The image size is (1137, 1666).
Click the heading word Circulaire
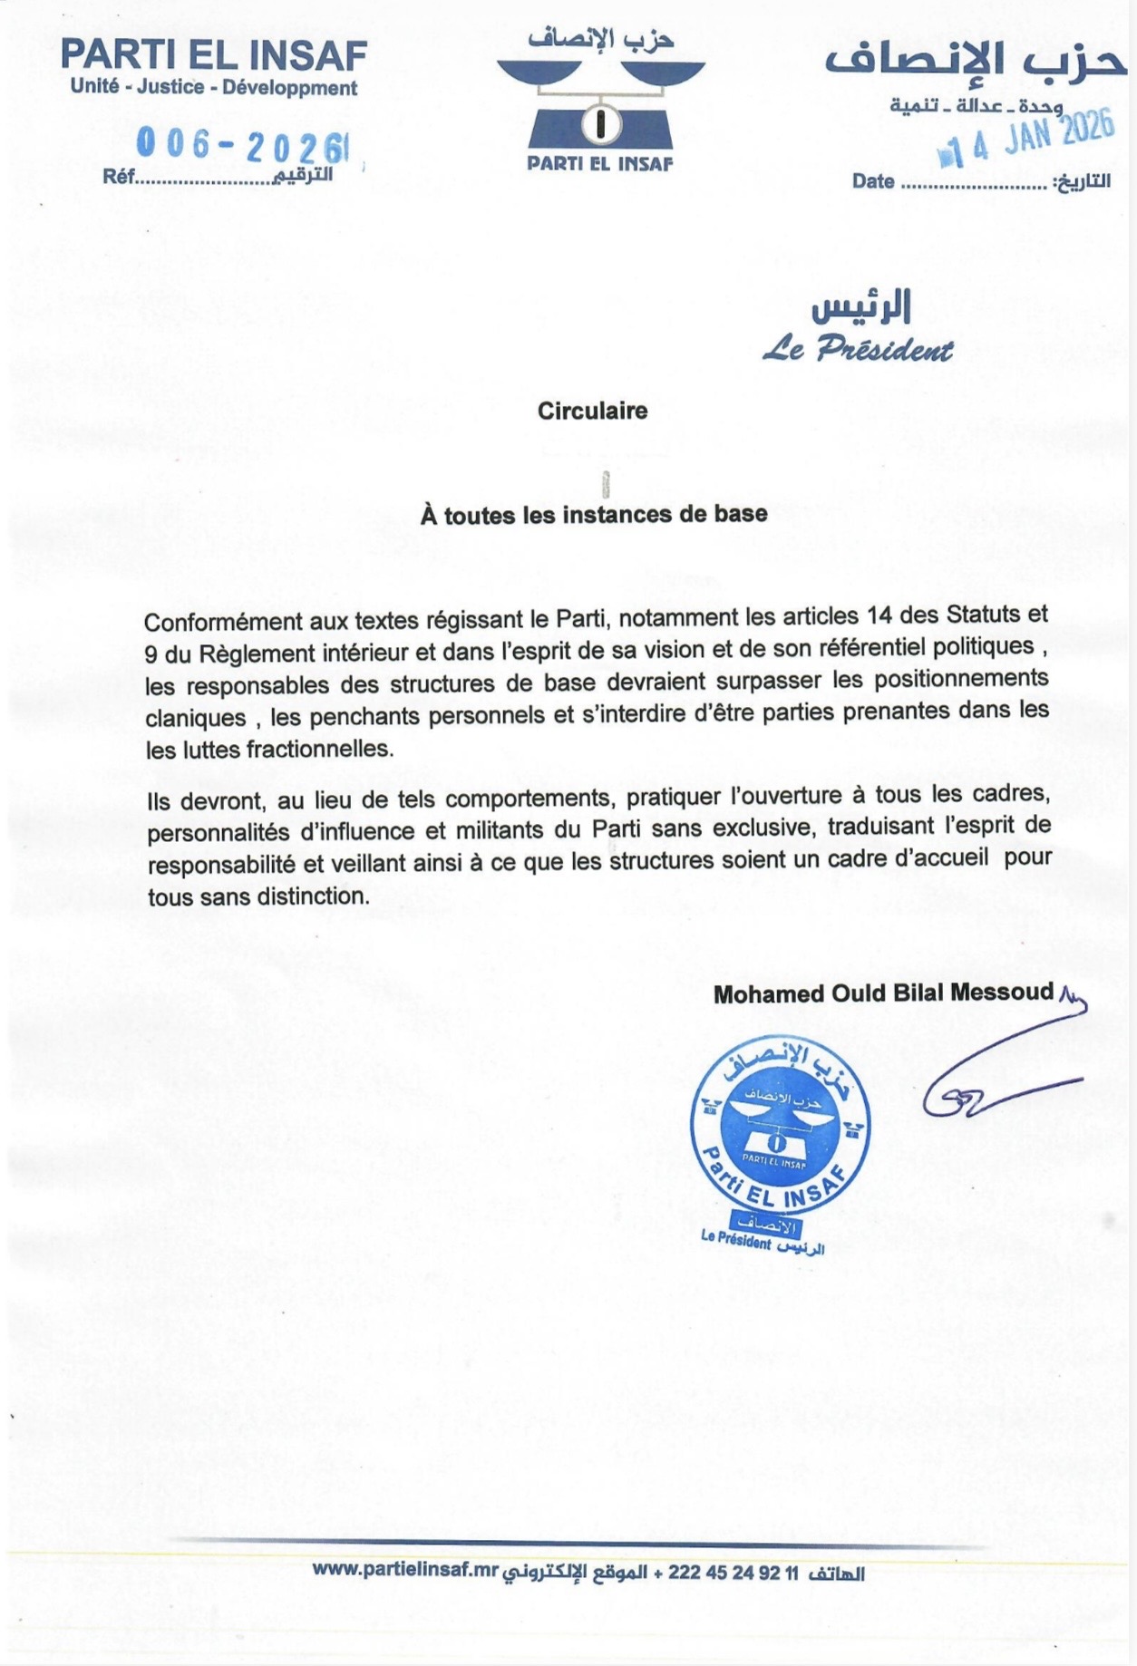592,411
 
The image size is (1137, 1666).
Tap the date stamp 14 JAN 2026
1030,140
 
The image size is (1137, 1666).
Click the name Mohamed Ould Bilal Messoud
883,993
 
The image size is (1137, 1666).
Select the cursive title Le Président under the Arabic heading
858,350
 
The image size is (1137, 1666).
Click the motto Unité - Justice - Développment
214,89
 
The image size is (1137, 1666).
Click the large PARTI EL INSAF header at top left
214,56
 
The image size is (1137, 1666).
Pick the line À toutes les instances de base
593,515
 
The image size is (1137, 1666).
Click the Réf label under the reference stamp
119,177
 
